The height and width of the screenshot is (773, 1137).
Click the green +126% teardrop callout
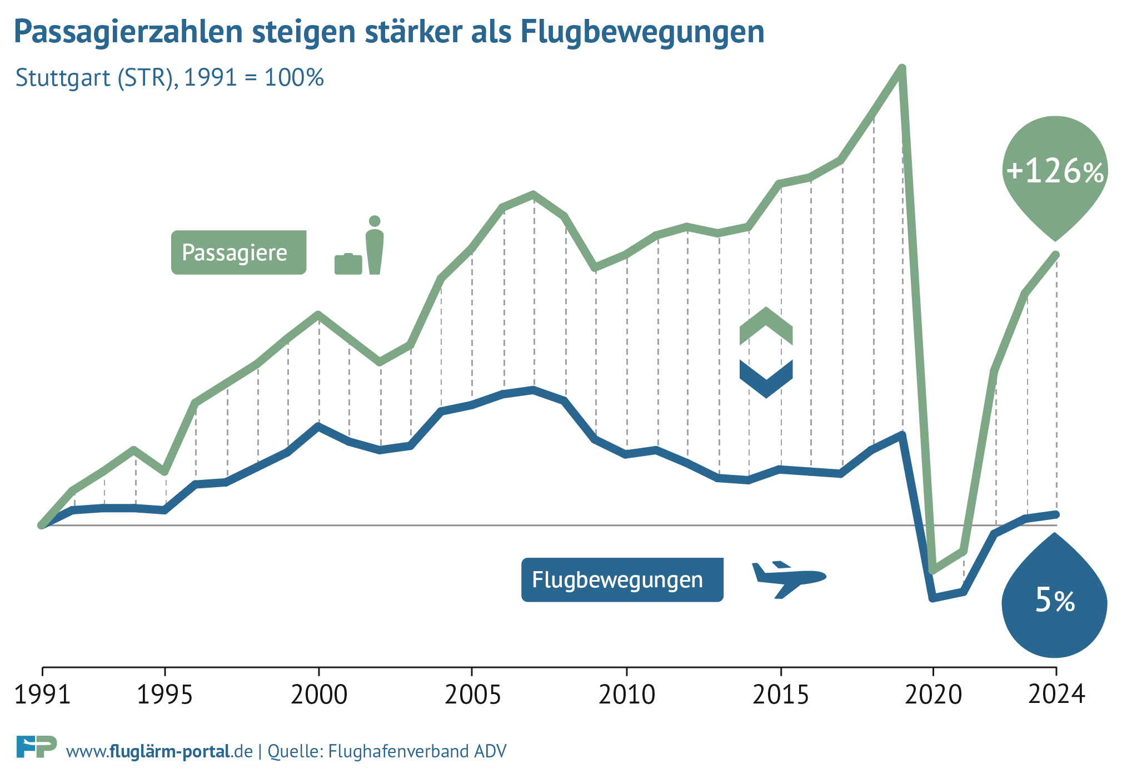tap(1055, 172)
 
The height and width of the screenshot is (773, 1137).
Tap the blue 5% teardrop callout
tap(1054, 603)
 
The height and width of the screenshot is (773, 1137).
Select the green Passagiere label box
tap(238, 252)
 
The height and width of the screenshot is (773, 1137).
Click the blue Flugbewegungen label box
tap(622, 579)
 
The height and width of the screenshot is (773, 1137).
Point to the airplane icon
tap(788, 579)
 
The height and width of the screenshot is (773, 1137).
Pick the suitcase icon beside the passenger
tap(348, 264)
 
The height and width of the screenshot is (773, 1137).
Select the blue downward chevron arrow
tap(766, 378)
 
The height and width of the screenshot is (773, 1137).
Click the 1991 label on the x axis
tap(42, 695)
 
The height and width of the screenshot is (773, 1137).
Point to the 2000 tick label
tap(318, 695)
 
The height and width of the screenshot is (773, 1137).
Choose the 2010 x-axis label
tap(626, 695)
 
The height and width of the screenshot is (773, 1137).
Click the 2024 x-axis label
tap(1056, 695)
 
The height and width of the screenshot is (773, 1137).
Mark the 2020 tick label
tap(933, 695)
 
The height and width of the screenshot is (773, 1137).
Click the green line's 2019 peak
tap(902, 68)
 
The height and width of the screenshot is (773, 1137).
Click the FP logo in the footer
tap(36, 746)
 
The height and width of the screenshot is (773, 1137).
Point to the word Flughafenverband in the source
tap(398, 751)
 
